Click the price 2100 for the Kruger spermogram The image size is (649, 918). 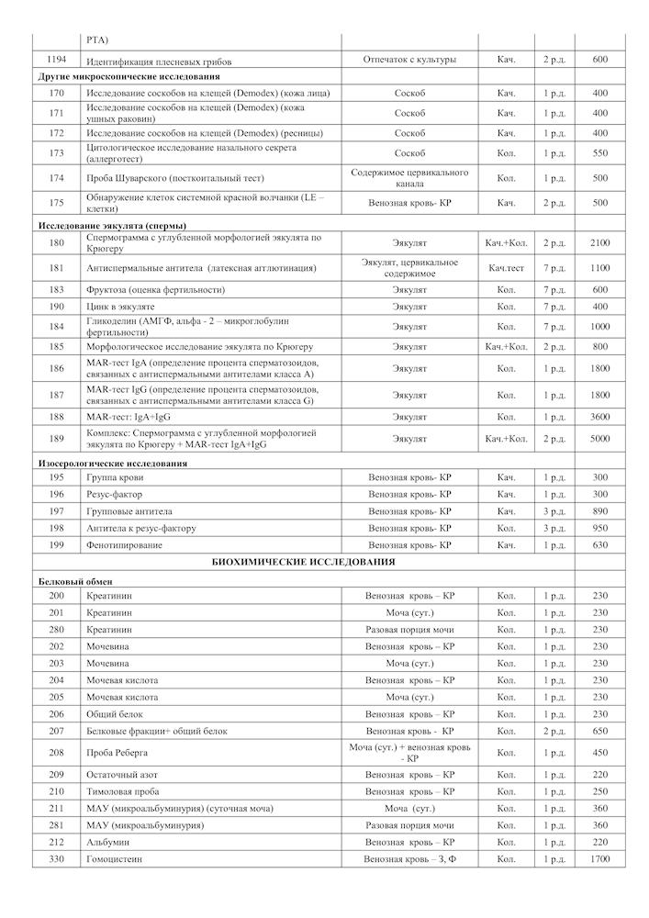pos(599,242)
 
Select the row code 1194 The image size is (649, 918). pos(56,60)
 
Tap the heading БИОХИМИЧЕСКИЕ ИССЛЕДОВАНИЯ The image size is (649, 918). pos(303,562)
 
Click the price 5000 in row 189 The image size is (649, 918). pos(599,439)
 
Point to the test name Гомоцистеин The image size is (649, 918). pos(116,859)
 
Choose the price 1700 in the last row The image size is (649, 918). pos(599,859)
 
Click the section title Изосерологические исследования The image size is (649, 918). pos(112,464)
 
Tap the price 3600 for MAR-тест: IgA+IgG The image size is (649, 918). pos(599,417)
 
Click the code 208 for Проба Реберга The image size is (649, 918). pos(56,753)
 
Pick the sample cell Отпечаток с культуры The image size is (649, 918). pos(409,60)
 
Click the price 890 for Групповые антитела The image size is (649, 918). pos(599,511)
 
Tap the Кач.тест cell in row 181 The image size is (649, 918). pos(506,268)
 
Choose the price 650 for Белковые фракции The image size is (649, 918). pos(599,731)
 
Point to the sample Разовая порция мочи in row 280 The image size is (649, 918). pos(409,630)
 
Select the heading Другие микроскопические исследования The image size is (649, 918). pos(128,76)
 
